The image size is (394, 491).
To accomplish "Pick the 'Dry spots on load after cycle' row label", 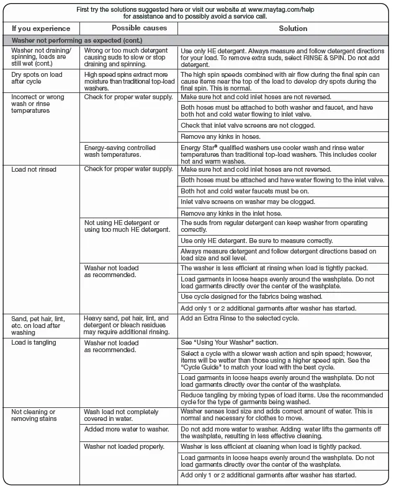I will pos(36,78).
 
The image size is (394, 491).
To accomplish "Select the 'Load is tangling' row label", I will pos(34,342).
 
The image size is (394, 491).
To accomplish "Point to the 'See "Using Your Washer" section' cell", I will pos(230,342).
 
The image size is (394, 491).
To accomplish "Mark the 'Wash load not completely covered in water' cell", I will pos(122,415).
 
